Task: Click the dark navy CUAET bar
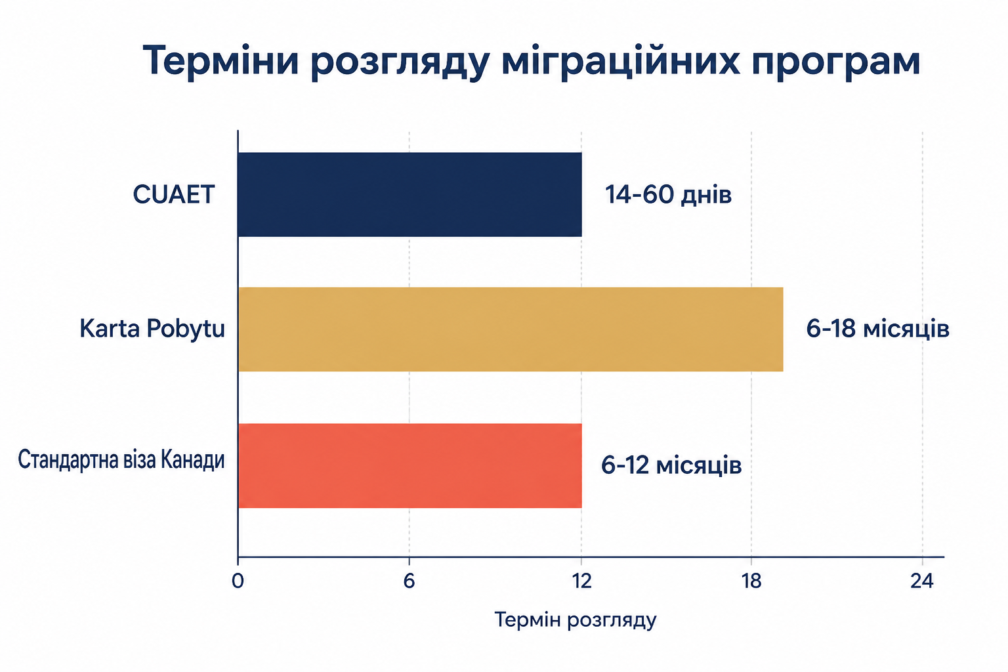click(x=409, y=194)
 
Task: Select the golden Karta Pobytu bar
click(x=511, y=329)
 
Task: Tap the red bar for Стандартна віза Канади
click(x=409, y=466)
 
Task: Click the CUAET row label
click(x=174, y=195)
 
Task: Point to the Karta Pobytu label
click(x=152, y=329)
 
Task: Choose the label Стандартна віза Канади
click(x=121, y=460)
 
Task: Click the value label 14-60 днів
click(x=668, y=195)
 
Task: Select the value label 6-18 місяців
click(x=877, y=329)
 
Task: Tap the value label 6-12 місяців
click(x=671, y=465)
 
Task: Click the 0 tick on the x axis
click(x=238, y=581)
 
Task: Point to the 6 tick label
click(x=409, y=581)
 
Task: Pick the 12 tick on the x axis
click(x=581, y=581)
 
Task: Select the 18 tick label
click(x=751, y=581)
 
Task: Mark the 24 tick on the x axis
click(x=922, y=581)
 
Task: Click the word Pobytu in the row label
click(x=186, y=329)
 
